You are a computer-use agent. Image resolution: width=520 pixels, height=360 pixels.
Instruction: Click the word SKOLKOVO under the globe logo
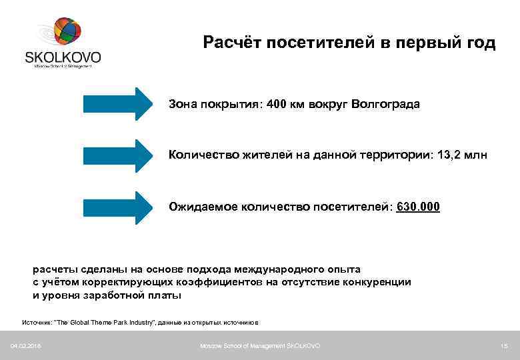pos(63,58)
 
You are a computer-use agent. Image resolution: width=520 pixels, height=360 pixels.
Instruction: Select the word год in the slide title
pos(478,43)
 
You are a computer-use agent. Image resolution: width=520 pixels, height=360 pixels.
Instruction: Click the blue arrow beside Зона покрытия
pos(118,104)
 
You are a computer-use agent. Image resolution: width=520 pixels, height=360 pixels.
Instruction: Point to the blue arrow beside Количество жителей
pos(118,155)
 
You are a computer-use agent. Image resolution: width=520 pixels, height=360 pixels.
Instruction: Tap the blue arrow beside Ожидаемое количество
pos(118,207)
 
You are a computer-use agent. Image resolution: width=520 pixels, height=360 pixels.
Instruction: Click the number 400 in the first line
pos(276,105)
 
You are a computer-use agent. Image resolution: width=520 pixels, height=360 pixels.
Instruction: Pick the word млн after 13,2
pos(477,155)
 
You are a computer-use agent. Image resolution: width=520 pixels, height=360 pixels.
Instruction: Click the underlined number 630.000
pos(418,207)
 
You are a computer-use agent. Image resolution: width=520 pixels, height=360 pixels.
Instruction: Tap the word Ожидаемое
pos(200,207)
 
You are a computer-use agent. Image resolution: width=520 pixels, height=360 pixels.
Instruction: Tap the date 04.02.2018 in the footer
pos(26,345)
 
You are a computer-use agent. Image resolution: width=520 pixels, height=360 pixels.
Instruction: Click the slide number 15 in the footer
pos(503,345)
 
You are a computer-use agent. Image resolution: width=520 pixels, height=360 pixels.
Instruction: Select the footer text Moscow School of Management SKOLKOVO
pos(260,345)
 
